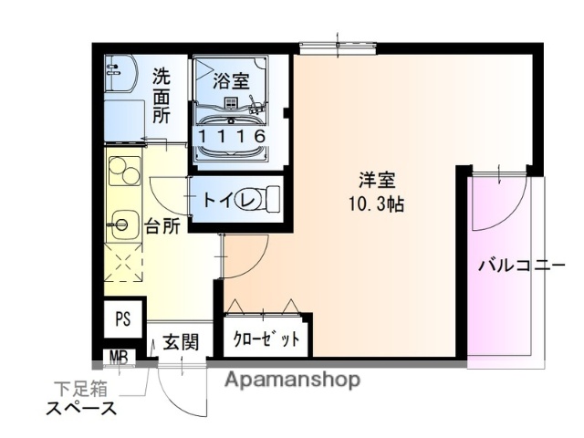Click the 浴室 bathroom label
pos(231,79)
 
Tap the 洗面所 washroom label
pos(162,96)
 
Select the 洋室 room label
pos(376,180)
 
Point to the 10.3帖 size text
pos(376,203)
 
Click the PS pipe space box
pos(123,319)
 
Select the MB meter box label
pos(119,355)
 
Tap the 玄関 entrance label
pos(181,343)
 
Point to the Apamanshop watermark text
pos(292,379)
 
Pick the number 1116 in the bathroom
pos(232,136)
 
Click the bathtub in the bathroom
pos(232,128)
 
